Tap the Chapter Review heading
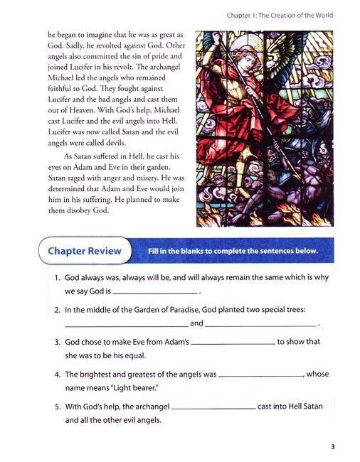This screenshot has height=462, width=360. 84,251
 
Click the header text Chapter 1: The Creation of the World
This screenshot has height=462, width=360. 280,15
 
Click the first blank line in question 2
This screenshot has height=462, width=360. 127,326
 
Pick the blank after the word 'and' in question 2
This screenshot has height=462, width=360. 261,326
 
